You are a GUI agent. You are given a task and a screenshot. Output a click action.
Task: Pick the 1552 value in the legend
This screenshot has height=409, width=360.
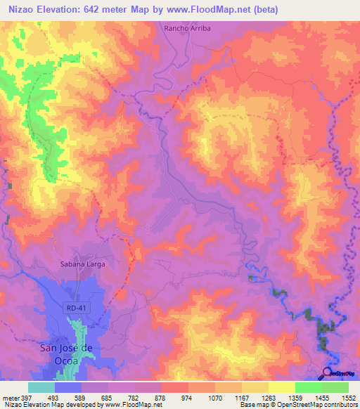[x=348, y=397]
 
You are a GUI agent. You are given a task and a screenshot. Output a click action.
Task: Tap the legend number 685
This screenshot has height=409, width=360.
[x=108, y=397]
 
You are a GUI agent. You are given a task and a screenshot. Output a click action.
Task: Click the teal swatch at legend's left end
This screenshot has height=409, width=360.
[x=41, y=387]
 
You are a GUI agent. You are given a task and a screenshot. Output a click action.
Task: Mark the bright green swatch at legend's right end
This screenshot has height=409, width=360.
[x=335, y=387]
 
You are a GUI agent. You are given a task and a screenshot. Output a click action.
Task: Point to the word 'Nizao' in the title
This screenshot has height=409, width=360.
[x=22, y=10]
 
